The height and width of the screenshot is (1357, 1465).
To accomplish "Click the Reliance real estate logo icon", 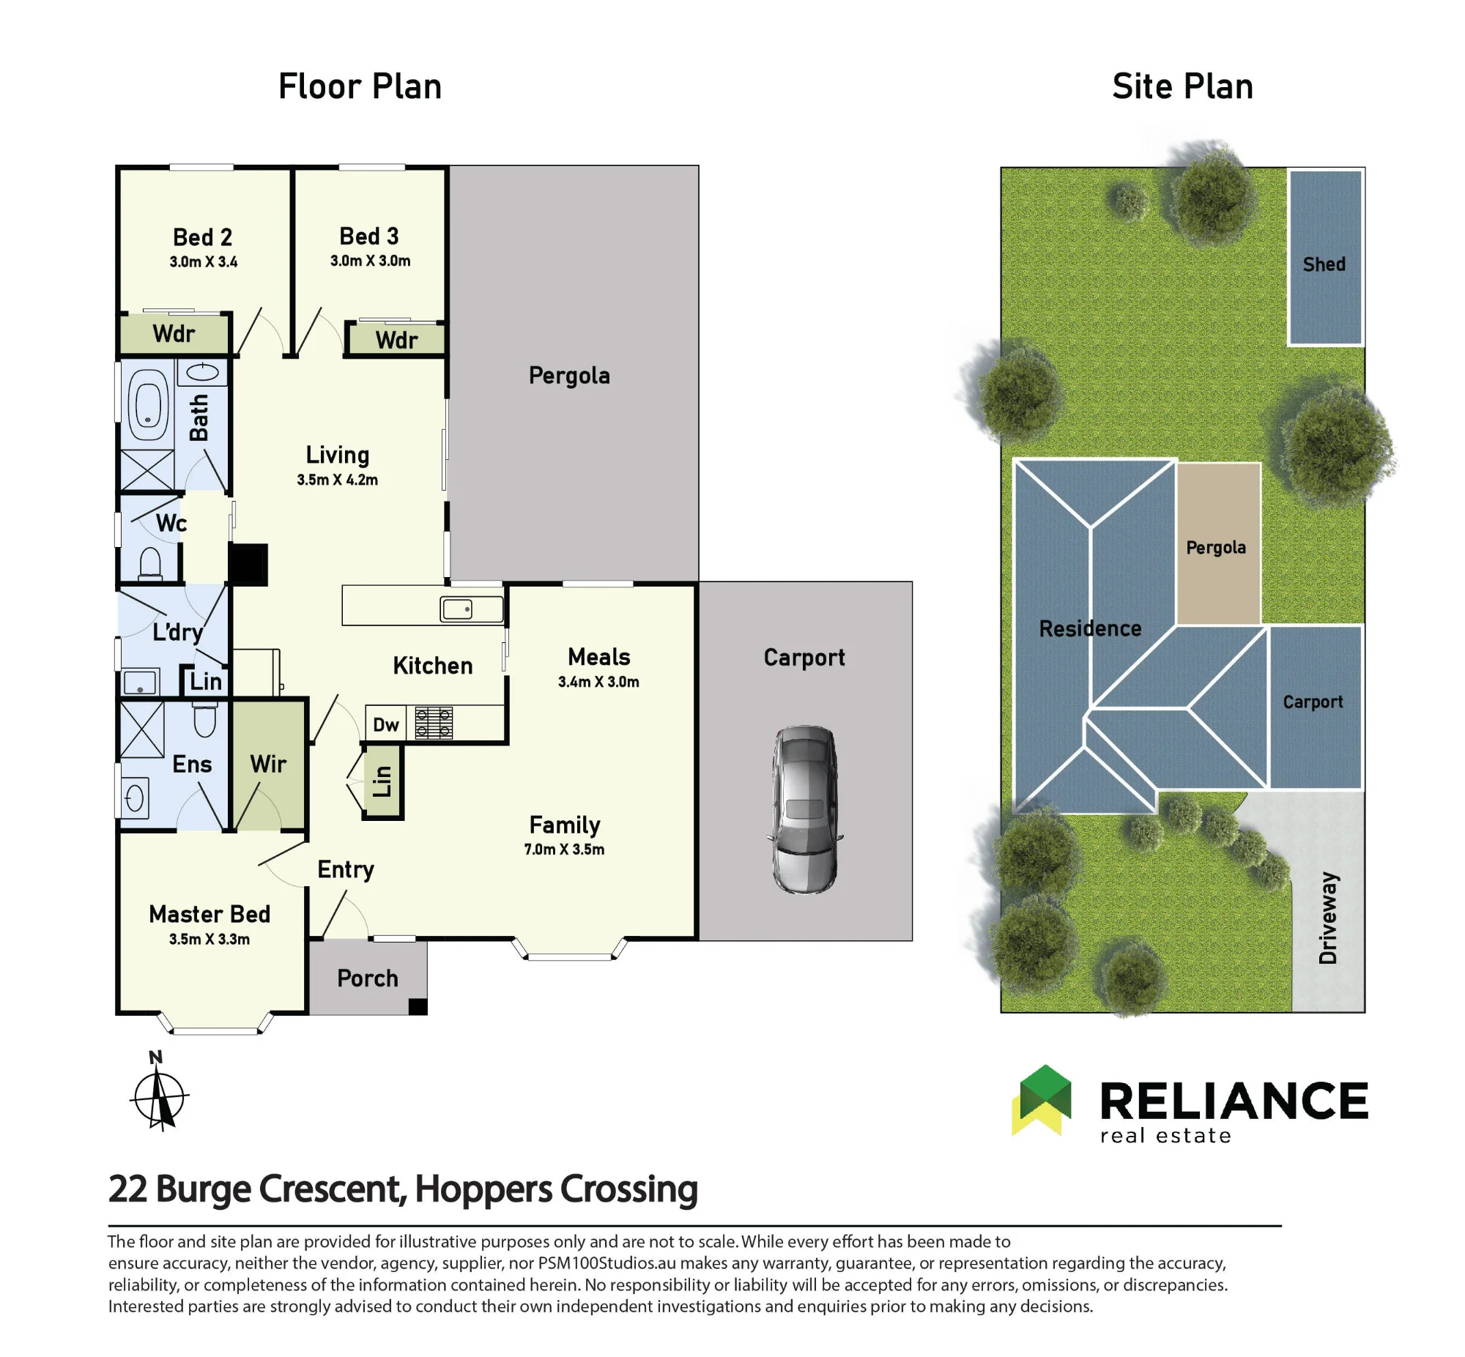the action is pos(1042,1101).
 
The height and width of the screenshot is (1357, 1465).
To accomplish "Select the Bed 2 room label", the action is pos(203,237).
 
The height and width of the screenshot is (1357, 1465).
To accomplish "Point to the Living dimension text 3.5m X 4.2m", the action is pos(337,480).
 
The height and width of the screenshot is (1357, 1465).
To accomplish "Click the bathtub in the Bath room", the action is pos(149,404).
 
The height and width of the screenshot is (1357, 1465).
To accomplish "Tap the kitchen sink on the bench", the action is pos(458,609).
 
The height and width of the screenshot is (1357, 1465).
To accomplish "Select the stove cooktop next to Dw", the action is pos(433,722).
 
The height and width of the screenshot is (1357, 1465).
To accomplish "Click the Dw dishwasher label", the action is pos(385,725).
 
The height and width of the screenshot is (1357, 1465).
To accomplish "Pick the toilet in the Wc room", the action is pos(151,565).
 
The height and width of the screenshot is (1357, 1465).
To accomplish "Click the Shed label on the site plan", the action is pos(1324,264).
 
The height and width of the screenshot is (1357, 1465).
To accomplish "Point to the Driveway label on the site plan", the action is pos(1329,918).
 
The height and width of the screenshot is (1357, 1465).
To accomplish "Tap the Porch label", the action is pos(367,978).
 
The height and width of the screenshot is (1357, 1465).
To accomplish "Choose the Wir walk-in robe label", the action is pos(268,764).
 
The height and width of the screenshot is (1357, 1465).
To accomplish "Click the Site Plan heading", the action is pos(1182,86).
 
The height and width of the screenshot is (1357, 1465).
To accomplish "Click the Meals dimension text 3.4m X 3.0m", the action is pos(598,682).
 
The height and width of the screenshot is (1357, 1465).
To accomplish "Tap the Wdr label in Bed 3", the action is pos(396,340).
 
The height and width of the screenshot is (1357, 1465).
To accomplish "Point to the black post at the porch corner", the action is pos(418,1007).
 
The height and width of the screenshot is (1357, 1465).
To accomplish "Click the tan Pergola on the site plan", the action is pos(1218,543).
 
